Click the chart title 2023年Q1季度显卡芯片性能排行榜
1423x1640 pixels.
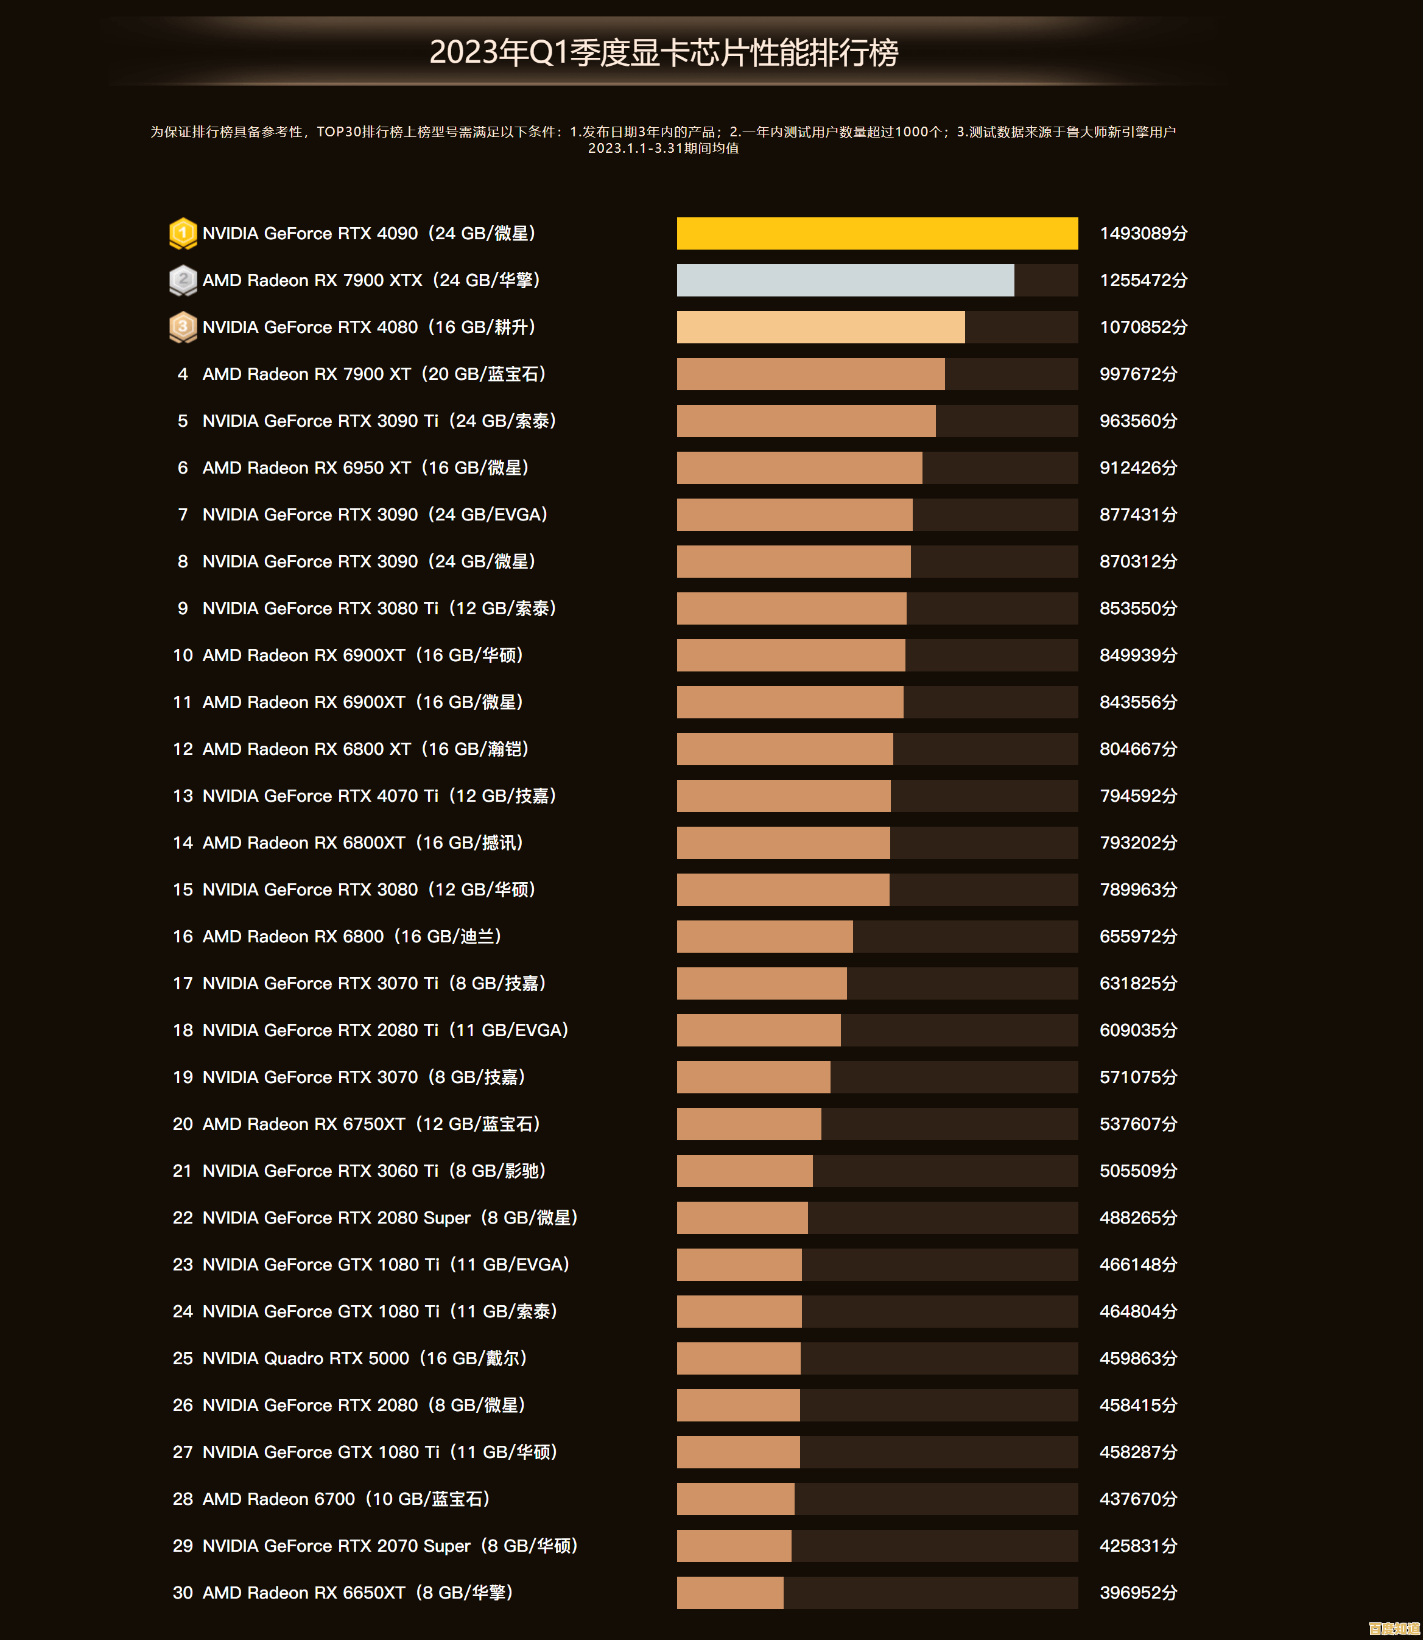tap(663, 53)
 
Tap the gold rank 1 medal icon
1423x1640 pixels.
tap(183, 233)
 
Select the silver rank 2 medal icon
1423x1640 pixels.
tap(183, 280)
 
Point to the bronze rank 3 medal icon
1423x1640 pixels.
tap(183, 327)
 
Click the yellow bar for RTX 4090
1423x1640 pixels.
tap(877, 233)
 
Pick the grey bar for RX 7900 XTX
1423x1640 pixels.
tap(845, 280)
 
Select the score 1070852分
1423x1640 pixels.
tap(1143, 327)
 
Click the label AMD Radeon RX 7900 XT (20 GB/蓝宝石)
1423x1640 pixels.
tap(374, 374)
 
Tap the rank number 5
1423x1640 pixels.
tap(183, 421)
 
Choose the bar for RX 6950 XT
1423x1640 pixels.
tap(799, 468)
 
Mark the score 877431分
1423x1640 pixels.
tap(1138, 514)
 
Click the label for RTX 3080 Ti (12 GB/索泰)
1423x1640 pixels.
tap(379, 608)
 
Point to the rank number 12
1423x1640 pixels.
tap(183, 749)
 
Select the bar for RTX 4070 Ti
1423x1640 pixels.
tap(783, 796)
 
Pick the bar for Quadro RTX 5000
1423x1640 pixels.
tap(739, 1358)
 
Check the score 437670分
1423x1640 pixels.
tap(1138, 1499)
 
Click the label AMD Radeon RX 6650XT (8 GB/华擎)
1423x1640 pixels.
tap(357, 1593)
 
